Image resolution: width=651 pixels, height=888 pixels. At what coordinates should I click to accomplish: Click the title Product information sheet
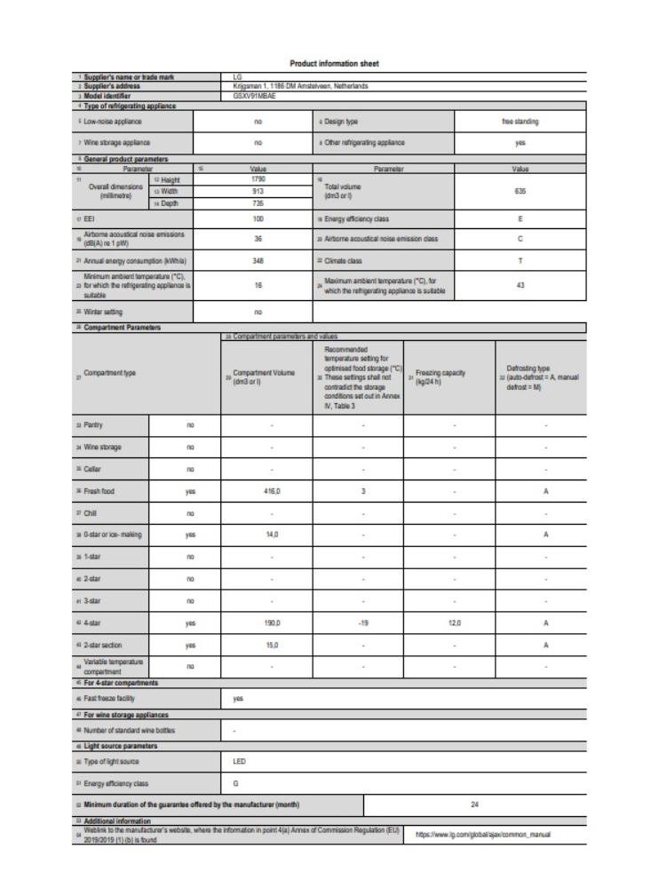coord(326,63)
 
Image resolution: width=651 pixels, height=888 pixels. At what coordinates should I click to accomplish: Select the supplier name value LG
coord(237,77)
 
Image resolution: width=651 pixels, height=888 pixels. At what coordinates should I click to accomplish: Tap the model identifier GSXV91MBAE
coord(253,95)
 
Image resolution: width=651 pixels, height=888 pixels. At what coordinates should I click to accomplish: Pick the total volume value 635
coord(520,190)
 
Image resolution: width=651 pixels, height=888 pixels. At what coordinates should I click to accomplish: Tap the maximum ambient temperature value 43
coord(520,286)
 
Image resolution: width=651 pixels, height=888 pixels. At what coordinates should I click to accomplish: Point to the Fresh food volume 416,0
coord(272,490)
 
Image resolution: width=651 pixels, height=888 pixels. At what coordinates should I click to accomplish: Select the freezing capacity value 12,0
coord(454,624)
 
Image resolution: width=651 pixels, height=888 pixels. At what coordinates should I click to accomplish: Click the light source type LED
coord(240,761)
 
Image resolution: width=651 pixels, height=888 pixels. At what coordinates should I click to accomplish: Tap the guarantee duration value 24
coord(475,805)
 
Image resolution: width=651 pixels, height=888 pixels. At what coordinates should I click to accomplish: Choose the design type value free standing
coord(520,121)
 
